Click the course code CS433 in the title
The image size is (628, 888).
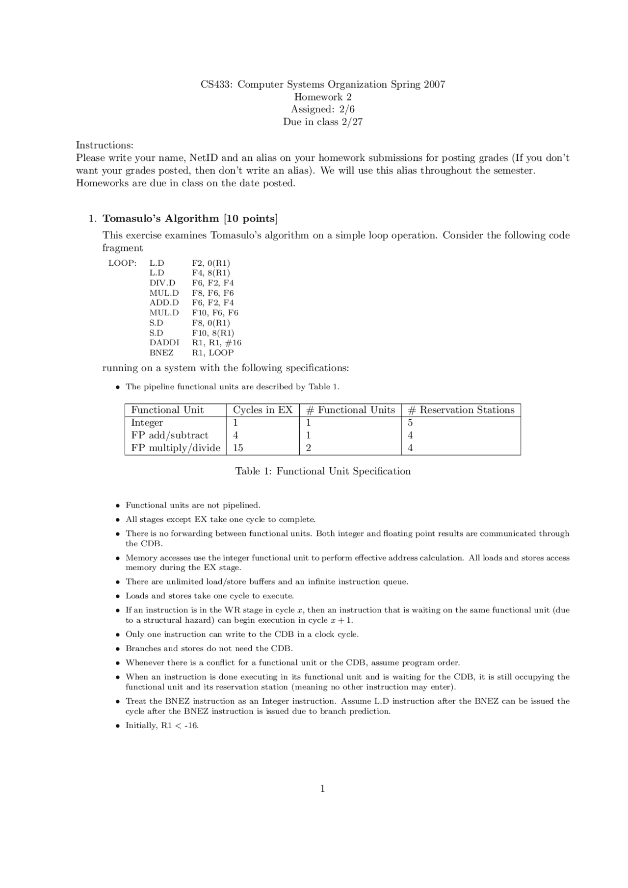click(216, 84)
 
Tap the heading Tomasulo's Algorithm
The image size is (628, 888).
click(160, 218)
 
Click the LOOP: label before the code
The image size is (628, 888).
click(122, 263)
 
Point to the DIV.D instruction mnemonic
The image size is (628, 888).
click(162, 283)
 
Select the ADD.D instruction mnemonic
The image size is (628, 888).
click(164, 303)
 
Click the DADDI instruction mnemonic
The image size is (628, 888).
click(164, 343)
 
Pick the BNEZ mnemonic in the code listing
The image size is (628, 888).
click(161, 353)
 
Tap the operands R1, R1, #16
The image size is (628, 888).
click(216, 343)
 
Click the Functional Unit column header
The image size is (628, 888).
click(167, 410)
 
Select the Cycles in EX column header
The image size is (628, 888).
click(262, 410)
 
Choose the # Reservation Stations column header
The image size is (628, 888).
click(461, 410)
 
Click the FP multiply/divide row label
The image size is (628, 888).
click(176, 448)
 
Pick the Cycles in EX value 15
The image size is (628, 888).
click(238, 448)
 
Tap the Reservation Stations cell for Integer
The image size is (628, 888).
click(410, 423)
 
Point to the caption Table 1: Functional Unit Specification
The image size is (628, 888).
click(323, 471)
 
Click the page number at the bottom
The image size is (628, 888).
click(322, 788)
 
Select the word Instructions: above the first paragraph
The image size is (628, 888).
click(105, 145)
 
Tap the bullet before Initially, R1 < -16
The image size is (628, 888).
click(118, 726)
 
